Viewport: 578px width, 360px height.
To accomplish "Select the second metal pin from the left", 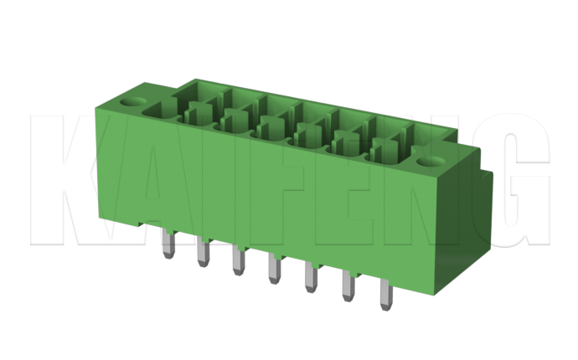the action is [203, 252].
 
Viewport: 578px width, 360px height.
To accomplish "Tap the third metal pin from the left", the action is [239, 260].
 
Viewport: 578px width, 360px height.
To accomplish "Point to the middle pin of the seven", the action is [274, 269].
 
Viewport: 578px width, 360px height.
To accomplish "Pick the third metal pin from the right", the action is [311, 277].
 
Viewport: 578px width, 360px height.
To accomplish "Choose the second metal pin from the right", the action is [348, 286].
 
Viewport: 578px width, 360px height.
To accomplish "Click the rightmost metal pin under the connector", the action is [386, 295].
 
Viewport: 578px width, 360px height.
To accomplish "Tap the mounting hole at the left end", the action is [132, 101].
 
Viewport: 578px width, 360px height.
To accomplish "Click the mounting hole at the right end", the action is [431, 161].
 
